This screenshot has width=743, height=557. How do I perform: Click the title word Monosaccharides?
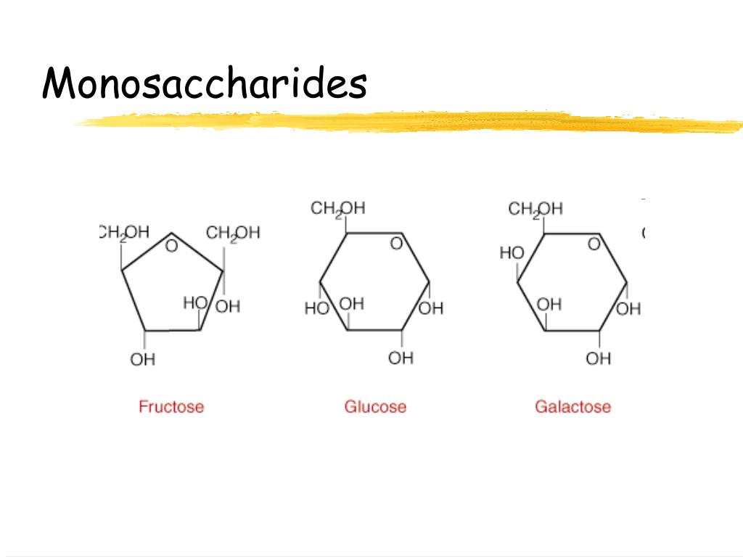pyautogui.click(x=205, y=83)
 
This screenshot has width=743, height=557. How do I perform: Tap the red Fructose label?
pyautogui.click(x=171, y=406)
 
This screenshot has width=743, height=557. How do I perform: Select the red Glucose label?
pyautogui.click(x=375, y=406)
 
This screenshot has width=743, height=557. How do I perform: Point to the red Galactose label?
pyautogui.click(x=572, y=406)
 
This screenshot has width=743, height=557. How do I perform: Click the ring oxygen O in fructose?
pyautogui.click(x=171, y=246)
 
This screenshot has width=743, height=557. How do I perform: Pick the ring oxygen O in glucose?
pyautogui.click(x=396, y=244)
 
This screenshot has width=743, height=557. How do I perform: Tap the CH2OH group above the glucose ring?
pyautogui.click(x=338, y=209)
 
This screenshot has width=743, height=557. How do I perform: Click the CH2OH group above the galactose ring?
pyautogui.click(x=535, y=210)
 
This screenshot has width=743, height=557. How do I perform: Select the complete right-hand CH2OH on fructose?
pyautogui.click(x=233, y=233)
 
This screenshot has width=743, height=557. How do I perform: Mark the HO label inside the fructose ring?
pyautogui.click(x=195, y=302)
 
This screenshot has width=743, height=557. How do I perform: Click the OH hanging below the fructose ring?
pyautogui.click(x=143, y=359)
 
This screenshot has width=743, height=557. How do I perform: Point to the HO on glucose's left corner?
pyautogui.click(x=316, y=309)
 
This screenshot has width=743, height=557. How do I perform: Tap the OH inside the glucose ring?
pyautogui.click(x=352, y=304)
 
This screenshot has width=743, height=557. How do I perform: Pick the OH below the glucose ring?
pyautogui.click(x=401, y=358)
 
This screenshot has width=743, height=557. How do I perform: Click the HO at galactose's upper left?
pyautogui.click(x=512, y=253)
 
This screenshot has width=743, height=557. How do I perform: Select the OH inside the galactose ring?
pyautogui.click(x=549, y=304)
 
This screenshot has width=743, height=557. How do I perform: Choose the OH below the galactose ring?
pyautogui.click(x=599, y=358)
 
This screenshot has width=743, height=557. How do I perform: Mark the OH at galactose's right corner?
pyautogui.click(x=629, y=309)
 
